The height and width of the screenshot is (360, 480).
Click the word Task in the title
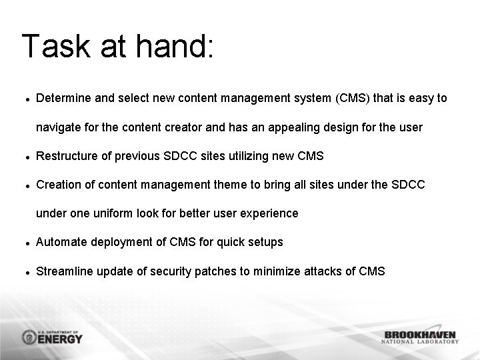point(55,47)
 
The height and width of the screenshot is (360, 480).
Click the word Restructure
point(65,156)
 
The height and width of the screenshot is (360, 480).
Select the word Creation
point(57,185)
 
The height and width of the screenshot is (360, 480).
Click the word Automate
point(59,242)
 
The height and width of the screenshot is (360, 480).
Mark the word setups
point(266,242)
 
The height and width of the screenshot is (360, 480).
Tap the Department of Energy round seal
point(30,337)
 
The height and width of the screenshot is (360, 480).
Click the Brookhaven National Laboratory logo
point(420,337)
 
